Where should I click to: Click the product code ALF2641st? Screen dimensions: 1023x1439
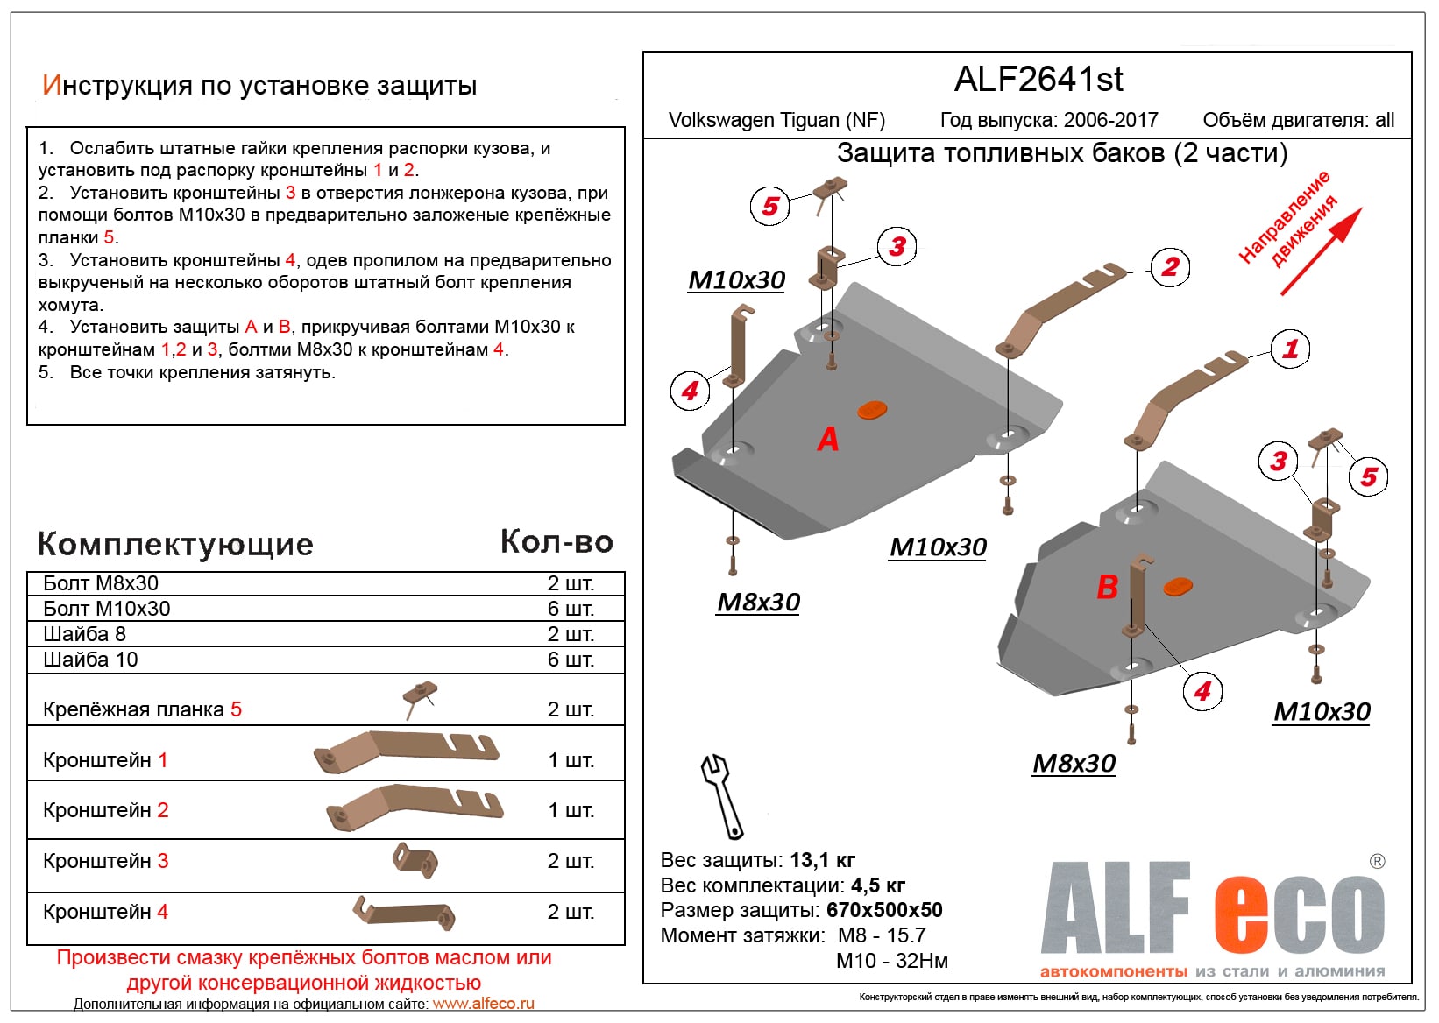[x=1038, y=80]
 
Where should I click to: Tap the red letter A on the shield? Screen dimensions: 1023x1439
[x=827, y=439]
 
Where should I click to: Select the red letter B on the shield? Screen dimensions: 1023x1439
[x=1107, y=587]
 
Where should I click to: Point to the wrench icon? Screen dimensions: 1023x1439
[x=720, y=794]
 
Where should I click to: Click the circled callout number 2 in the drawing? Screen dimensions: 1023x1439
[x=1170, y=266]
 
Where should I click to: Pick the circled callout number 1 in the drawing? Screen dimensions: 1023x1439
[x=1290, y=349]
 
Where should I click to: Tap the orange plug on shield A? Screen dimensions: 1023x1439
[x=871, y=409]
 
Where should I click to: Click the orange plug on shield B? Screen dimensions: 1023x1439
[x=1177, y=586]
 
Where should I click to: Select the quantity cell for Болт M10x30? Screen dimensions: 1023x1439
[x=571, y=609]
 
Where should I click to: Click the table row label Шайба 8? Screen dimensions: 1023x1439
[x=85, y=634]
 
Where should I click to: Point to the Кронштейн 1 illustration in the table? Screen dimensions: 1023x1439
[x=407, y=752]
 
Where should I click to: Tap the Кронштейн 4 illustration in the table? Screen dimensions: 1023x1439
[x=405, y=913]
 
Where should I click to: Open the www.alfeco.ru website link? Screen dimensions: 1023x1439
[x=483, y=1004]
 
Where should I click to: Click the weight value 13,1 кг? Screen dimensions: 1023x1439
[x=822, y=860]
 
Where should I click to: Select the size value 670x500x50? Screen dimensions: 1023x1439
[x=883, y=910]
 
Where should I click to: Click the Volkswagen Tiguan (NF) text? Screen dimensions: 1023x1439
[x=776, y=120]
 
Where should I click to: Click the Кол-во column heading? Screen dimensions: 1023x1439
[x=556, y=542]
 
